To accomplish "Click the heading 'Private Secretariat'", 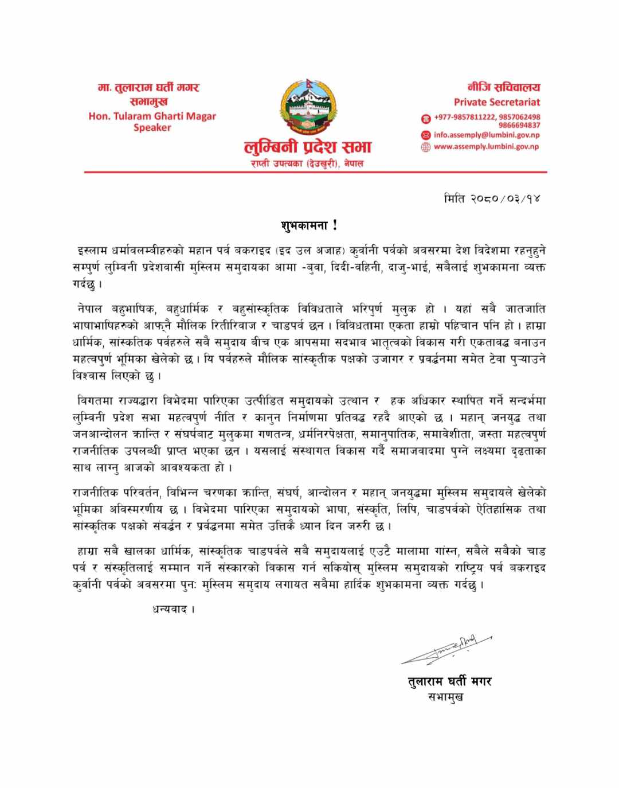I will click(496, 102).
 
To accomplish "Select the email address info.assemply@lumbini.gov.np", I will click(487, 135).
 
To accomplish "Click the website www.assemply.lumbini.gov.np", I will click(486, 147).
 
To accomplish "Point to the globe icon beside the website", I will click(425, 147).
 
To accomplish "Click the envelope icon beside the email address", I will click(425, 135).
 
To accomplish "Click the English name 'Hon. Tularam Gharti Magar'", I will click(152, 116).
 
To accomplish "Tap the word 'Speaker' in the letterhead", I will click(152, 127).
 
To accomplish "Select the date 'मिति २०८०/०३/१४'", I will click(492, 198).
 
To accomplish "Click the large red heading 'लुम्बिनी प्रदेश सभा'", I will click(308, 147).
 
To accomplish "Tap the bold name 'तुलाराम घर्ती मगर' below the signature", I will click(449, 681).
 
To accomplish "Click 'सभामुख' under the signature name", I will click(446, 697).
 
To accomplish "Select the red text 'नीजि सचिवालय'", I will click(503, 87).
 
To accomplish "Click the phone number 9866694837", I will click(519, 125).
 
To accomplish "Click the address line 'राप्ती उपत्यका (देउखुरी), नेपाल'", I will click(308, 163).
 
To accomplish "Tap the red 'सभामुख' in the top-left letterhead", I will click(148, 102).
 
